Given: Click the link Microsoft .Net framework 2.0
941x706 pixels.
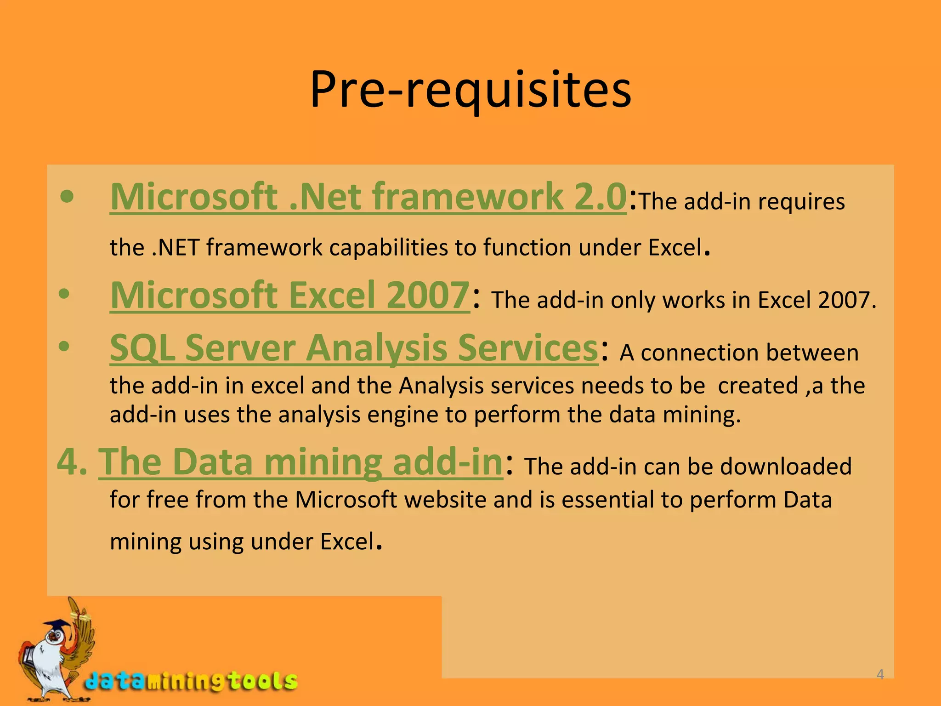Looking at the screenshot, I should [368, 197].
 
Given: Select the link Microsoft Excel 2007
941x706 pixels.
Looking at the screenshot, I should [289, 296].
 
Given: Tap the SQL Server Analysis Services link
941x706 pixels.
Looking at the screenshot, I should [354, 348].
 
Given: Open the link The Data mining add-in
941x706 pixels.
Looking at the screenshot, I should [301, 462].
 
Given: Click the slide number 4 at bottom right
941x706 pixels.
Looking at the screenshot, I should [880, 674].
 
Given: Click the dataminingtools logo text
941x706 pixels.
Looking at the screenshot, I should [191, 681].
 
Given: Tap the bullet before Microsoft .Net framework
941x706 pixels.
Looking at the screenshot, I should [67, 197].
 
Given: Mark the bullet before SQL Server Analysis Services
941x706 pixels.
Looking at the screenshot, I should [64, 346].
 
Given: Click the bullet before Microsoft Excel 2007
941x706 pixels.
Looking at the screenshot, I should [64, 294].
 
